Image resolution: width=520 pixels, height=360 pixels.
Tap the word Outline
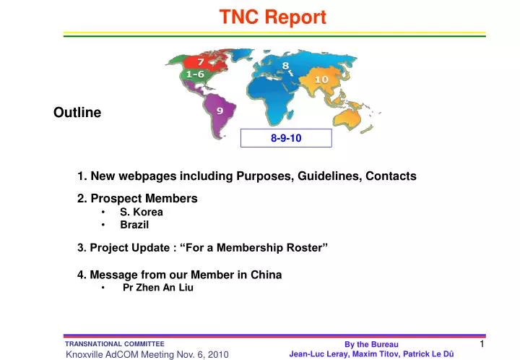tap(77, 113)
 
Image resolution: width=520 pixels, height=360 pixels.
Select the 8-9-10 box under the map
tap(286, 138)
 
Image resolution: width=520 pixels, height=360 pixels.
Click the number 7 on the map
tap(195, 61)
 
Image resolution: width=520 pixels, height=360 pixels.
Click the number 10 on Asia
tap(321, 79)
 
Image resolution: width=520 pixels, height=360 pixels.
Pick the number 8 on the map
tap(286, 66)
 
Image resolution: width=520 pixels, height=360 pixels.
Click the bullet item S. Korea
tap(142, 212)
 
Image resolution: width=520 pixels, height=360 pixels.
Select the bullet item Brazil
tap(134, 225)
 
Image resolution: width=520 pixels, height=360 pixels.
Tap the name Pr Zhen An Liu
tap(158, 287)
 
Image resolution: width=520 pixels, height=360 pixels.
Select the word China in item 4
tap(266, 275)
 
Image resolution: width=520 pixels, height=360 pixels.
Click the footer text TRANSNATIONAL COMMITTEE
tap(115, 344)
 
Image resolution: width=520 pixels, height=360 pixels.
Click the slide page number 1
tap(482, 344)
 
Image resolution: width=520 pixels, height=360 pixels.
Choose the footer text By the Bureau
tap(371, 345)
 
